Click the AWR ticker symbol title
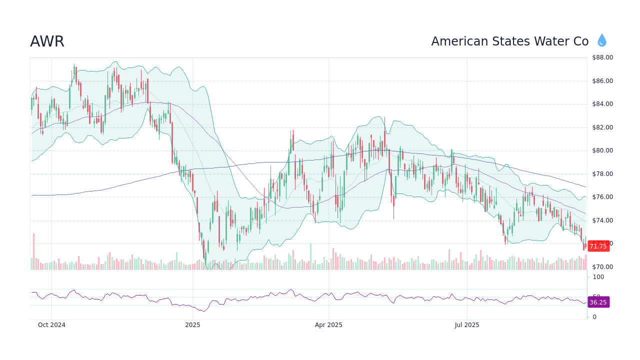click(47, 41)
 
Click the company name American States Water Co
click(509, 41)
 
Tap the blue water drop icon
click(601, 40)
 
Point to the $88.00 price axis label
click(602, 57)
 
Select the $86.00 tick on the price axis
click(602, 81)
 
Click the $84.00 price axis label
click(602, 104)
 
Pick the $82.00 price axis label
click(602, 127)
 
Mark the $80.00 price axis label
click(602, 150)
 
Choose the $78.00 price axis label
click(602, 174)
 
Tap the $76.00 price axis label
click(602, 197)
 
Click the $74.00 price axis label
click(602, 220)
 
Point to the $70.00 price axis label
click(602, 267)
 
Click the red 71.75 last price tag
click(598, 246)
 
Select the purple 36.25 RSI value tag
click(598, 302)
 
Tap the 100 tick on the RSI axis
click(598, 277)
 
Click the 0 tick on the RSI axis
click(594, 317)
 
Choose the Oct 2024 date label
click(51, 325)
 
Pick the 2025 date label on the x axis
click(192, 325)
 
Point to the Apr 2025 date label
click(328, 325)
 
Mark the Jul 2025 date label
click(467, 325)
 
